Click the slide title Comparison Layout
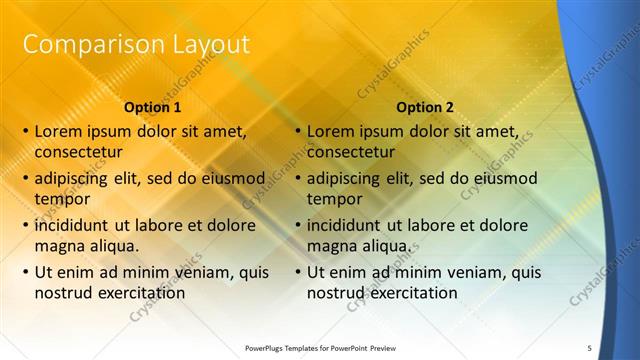[x=136, y=44]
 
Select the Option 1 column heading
[x=153, y=107]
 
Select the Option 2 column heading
[x=425, y=107]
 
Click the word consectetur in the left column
[x=78, y=152]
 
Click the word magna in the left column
[x=58, y=246]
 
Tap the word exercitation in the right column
[x=411, y=293]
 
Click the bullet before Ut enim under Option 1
[x=24, y=272]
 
